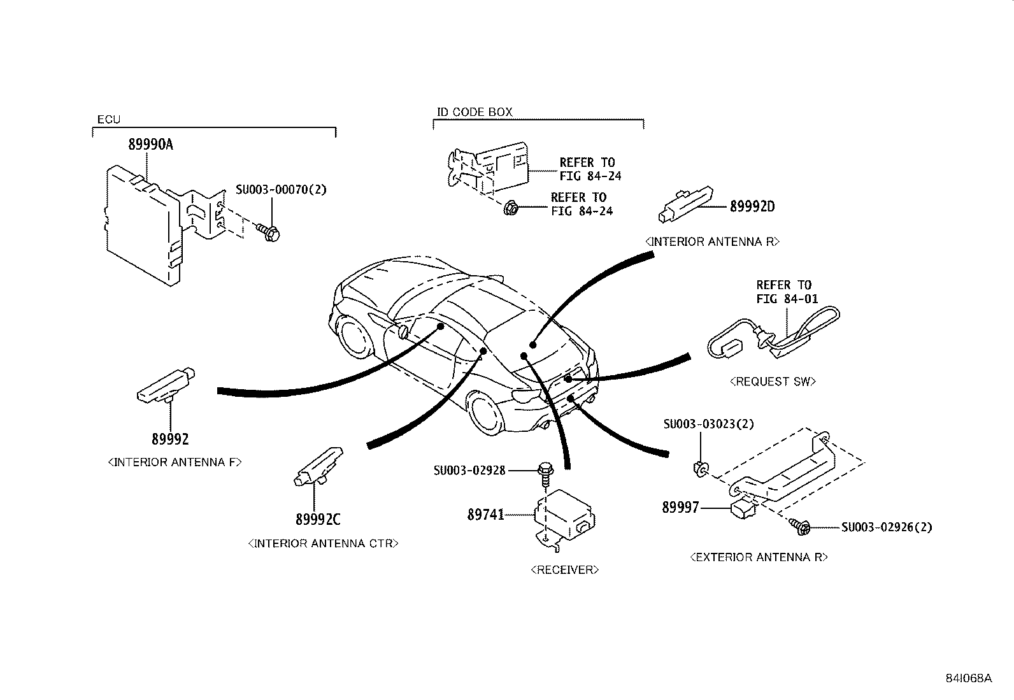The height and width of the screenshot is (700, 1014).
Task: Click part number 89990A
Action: click(x=150, y=145)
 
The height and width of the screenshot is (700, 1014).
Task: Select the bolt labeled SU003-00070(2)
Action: click(x=270, y=233)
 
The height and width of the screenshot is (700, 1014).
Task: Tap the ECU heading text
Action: click(x=108, y=119)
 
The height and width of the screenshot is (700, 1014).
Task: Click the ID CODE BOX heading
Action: click(x=474, y=112)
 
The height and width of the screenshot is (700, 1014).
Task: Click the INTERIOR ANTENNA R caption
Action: click(x=712, y=242)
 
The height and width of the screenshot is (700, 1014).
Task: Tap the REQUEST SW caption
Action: click(x=772, y=382)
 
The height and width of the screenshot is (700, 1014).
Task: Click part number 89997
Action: click(x=680, y=508)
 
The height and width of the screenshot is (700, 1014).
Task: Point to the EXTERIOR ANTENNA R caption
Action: click(x=759, y=557)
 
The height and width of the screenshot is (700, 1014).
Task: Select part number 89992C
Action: click(x=318, y=520)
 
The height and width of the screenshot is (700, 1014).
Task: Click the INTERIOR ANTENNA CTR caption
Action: click(x=323, y=544)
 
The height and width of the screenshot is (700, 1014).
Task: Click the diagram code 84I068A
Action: click(x=968, y=678)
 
